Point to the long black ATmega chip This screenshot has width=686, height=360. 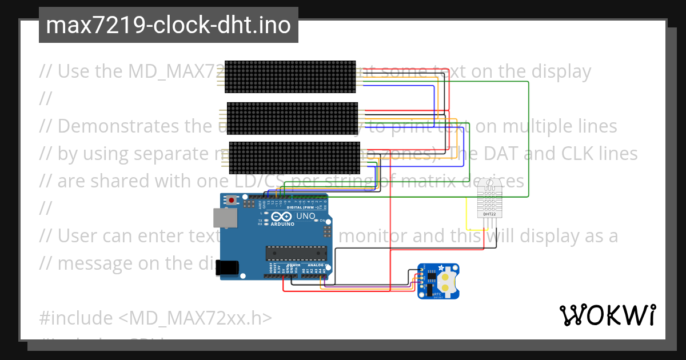pos(296,253)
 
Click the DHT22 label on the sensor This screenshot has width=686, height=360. pos(489,214)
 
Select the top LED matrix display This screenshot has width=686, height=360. pos(290,77)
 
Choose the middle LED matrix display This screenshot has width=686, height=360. pos(292,118)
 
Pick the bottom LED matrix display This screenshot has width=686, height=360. pos(294,157)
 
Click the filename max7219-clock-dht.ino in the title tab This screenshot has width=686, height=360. pos(168,25)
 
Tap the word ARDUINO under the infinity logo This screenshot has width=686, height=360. pos(282,225)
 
